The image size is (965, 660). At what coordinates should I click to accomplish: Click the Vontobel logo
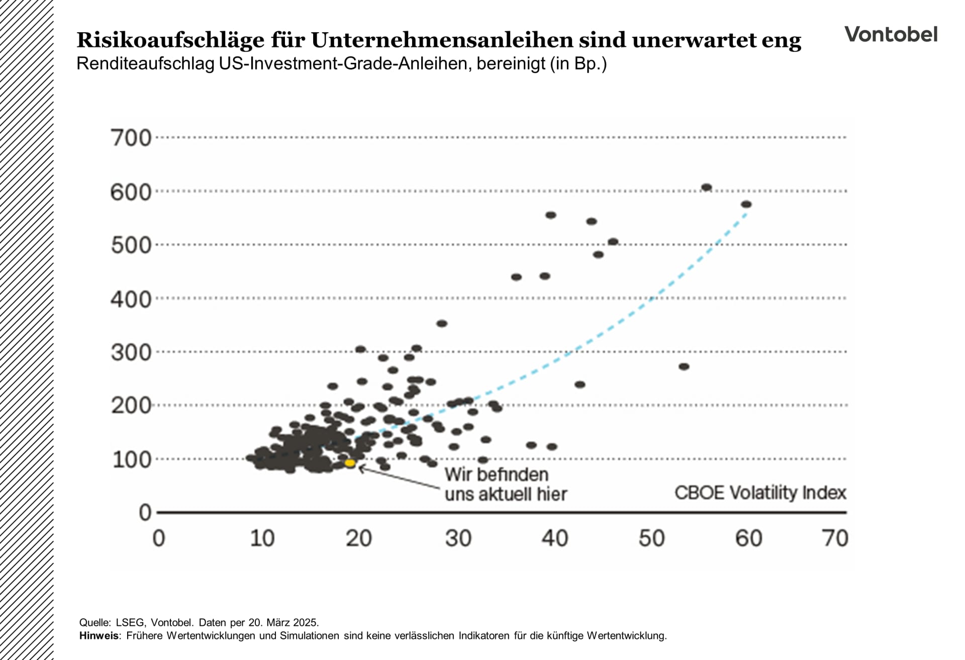[x=891, y=34]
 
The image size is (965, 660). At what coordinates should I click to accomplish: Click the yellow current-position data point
[x=350, y=463]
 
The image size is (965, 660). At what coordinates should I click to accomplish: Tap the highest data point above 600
[x=706, y=187]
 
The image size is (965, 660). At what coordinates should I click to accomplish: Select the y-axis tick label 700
[x=131, y=138]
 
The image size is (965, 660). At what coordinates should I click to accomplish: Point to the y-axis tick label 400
[x=131, y=300]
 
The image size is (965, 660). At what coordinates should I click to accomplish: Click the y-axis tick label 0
[x=145, y=513]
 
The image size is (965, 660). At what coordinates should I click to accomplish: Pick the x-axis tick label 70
[x=835, y=538]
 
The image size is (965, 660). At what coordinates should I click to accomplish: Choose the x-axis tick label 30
[x=458, y=538]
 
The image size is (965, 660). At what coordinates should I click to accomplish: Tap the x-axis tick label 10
[x=262, y=538]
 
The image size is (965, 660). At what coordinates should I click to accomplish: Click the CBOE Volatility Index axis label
[x=760, y=493]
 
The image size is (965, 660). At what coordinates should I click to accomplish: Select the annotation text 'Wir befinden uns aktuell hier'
[x=505, y=484]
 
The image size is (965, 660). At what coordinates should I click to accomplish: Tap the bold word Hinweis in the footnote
[x=99, y=635]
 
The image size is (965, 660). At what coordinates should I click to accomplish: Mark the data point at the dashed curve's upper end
[x=746, y=205]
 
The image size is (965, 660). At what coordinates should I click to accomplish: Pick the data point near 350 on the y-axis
[x=442, y=324]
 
